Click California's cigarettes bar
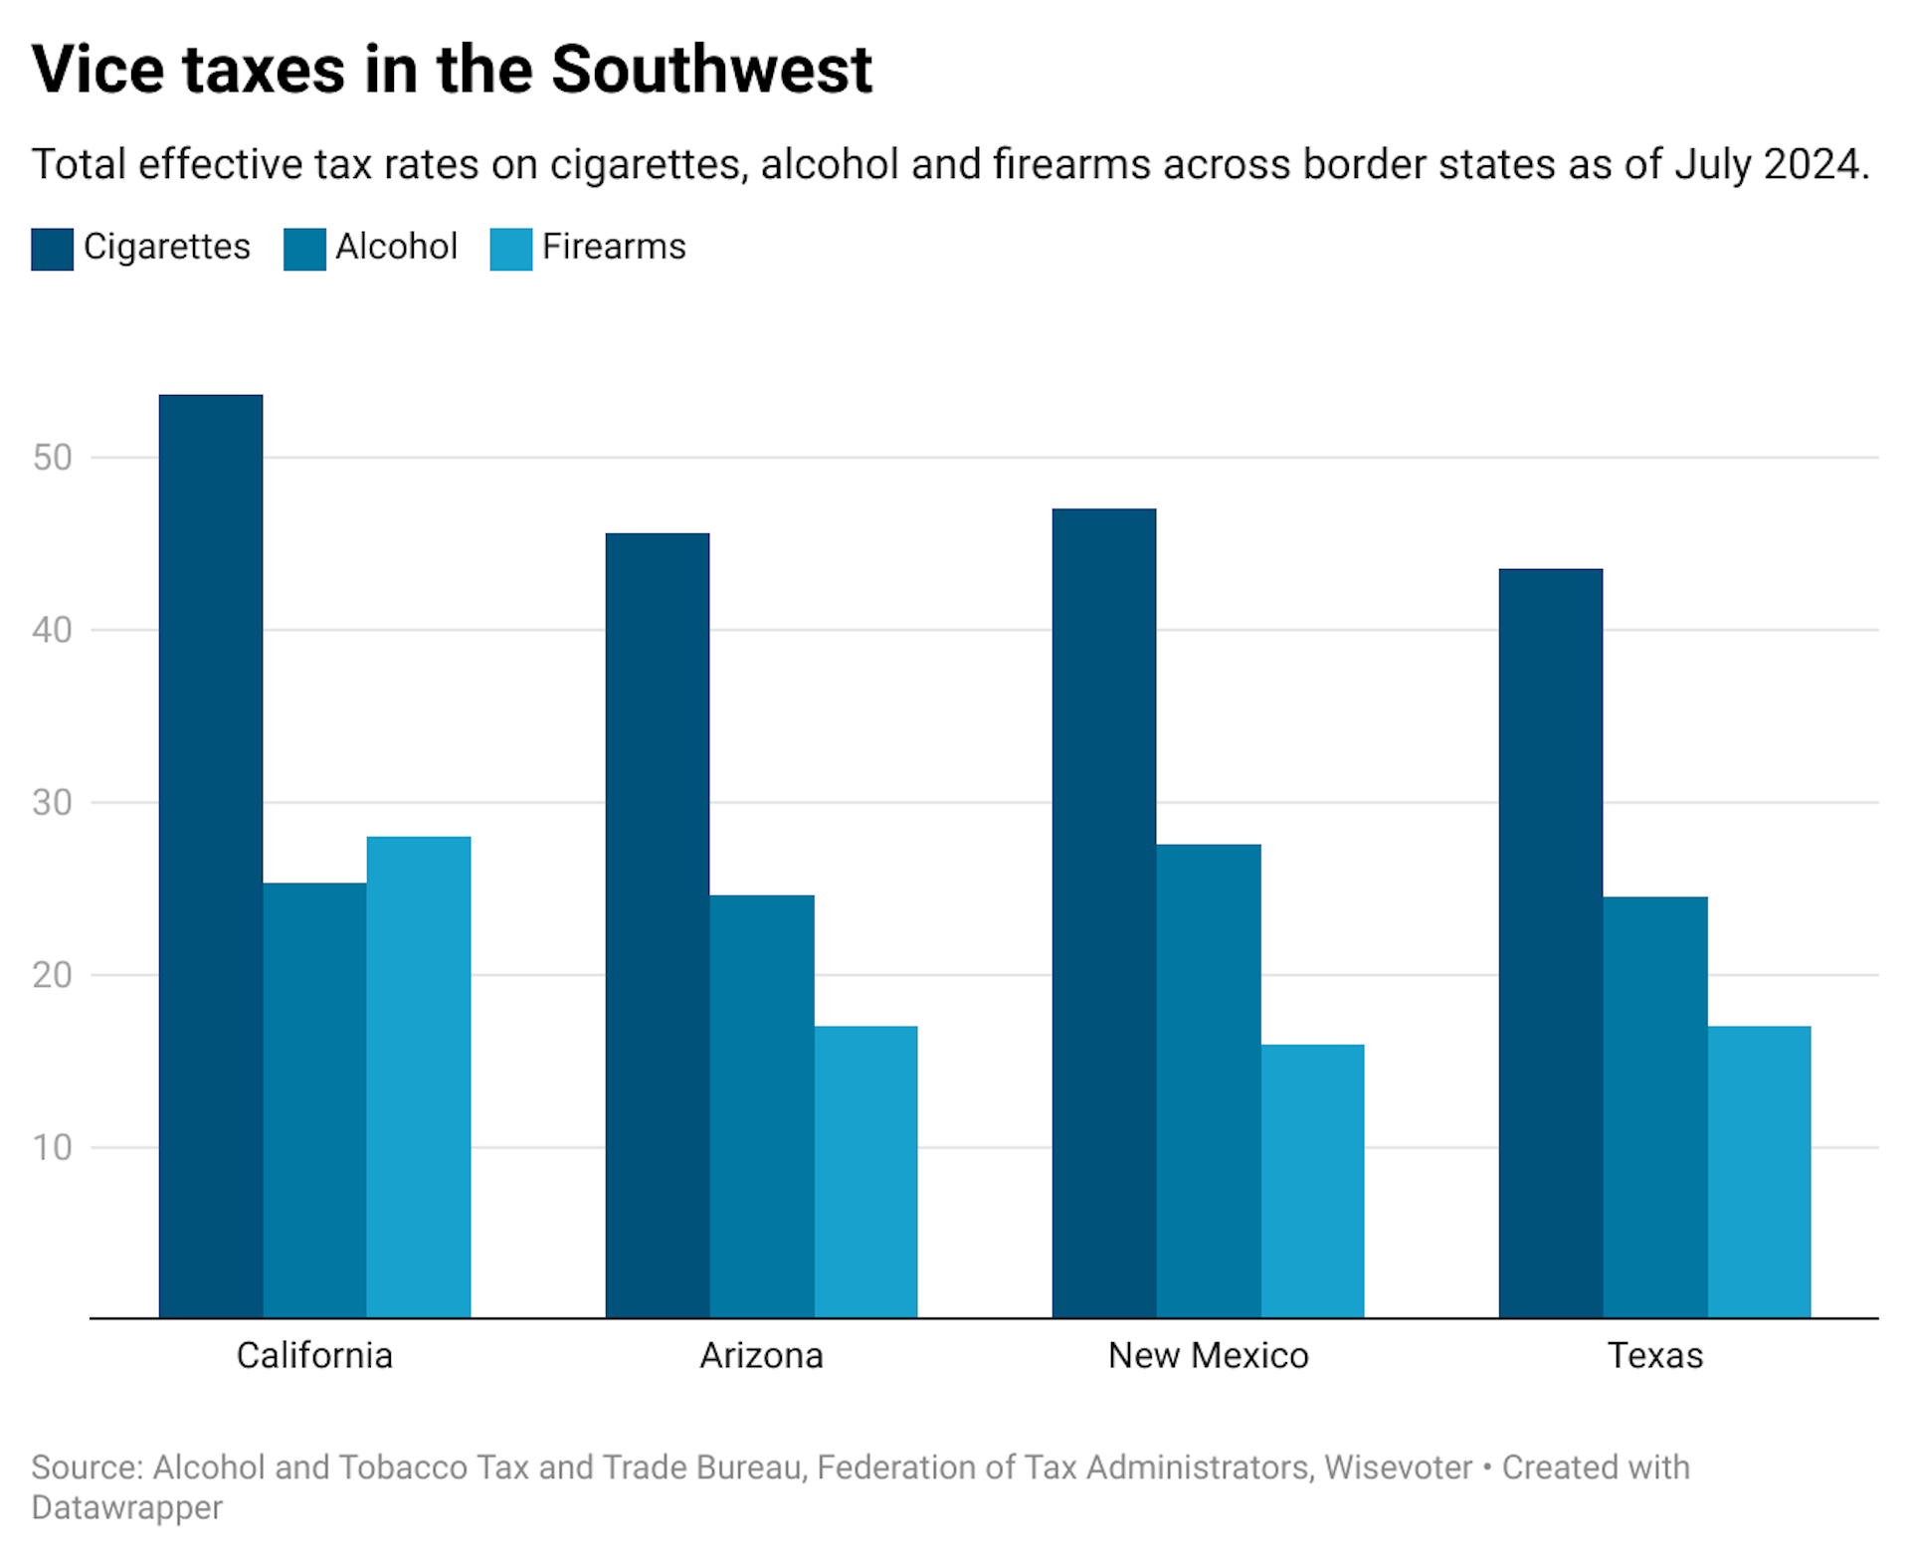pos(211,856)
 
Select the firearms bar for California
pos(418,1076)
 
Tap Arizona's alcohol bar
pos(762,1106)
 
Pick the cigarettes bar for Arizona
pos(658,925)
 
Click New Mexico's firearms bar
pos(1312,1181)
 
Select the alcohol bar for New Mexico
pos(1209,1081)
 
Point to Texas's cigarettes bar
pos(1551,943)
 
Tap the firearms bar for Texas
pos(1759,1172)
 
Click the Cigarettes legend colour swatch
pos(52,249)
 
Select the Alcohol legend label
pos(396,247)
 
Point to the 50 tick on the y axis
pos(52,458)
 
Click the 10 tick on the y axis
pos(52,1147)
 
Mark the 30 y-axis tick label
pos(52,803)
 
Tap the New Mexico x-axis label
pos(1208,1355)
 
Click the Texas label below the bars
pos(1655,1355)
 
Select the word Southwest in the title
pos(711,70)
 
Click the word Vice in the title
pos(97,70)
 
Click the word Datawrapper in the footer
pos(126,1507)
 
